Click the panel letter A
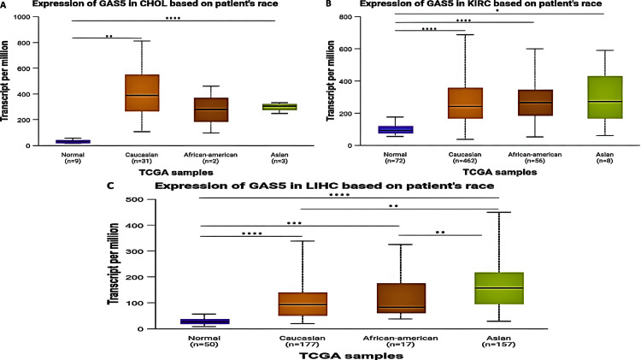pos(4,4)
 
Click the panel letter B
pos(330,4)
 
